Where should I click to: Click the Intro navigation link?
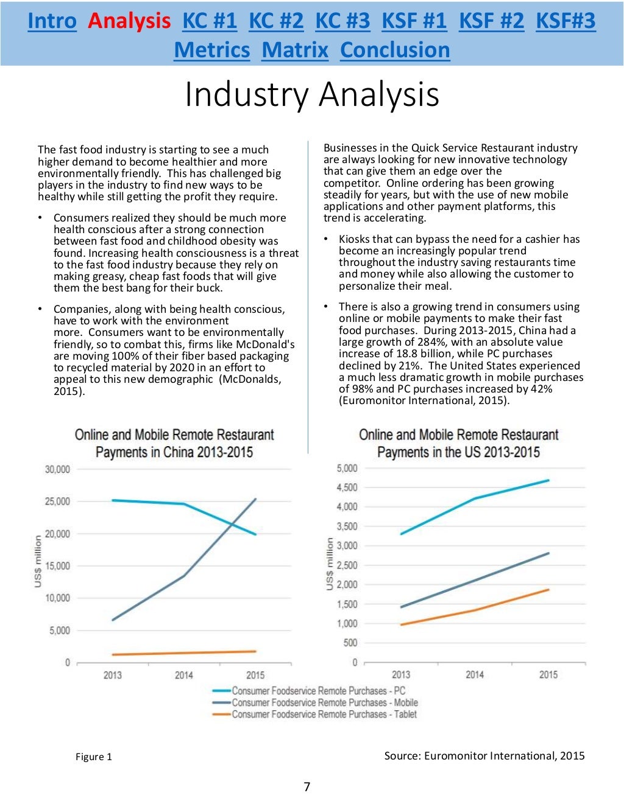point(52,21)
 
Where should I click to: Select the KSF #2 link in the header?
point(491,21)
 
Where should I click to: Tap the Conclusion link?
point(395,50)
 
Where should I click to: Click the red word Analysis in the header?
point(129,21)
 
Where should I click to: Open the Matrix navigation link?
point(295,50)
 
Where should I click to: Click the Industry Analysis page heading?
point(312,94)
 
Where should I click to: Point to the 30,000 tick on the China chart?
point(57,469)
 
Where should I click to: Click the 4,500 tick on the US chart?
point(347,487)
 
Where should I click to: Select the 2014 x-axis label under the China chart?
point(183,675)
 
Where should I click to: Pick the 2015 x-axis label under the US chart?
point(548,674)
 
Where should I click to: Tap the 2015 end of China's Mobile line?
point(255,500)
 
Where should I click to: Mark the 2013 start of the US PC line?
point(401,534)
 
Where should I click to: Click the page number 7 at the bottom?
point(307,787)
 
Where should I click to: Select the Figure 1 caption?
point(94,756)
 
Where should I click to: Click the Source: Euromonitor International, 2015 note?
point(484,756)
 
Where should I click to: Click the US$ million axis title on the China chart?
point(38,561)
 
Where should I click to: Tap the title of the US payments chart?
point(458,443)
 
